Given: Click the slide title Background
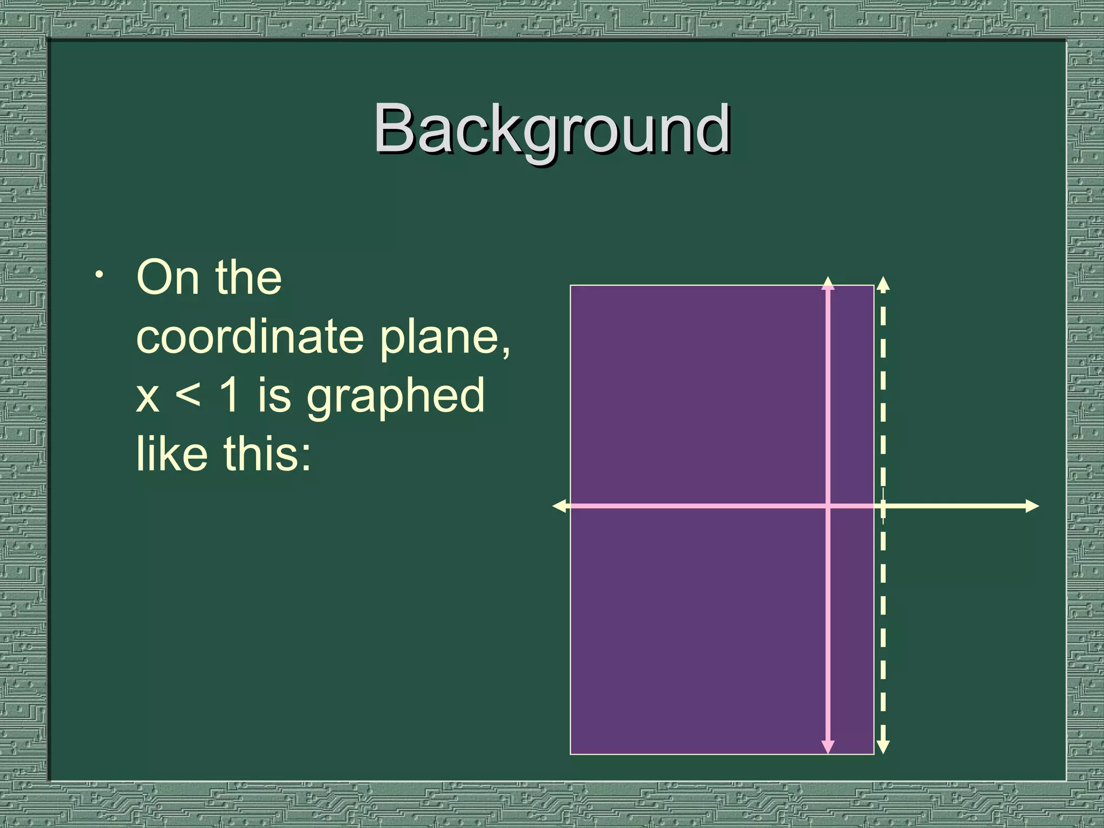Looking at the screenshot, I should coord(551,129).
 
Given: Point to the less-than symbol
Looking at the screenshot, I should coord(188,395).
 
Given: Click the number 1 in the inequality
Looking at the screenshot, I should coord(230,395).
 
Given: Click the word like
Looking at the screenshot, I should coord(171,454).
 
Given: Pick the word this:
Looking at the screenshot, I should coord(267,454).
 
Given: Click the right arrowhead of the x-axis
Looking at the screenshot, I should coord(1032,506).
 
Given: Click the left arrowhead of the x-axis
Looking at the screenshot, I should coord(560,506).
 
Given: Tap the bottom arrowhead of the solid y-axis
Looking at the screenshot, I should coord(828,747).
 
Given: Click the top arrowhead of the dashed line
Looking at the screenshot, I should coord(883,284).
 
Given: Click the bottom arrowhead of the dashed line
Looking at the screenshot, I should coord(883,747).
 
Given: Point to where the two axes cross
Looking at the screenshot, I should coord(828,506).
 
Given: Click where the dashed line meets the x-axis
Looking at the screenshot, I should coord(883,506).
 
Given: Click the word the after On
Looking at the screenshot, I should coord(249,278).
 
